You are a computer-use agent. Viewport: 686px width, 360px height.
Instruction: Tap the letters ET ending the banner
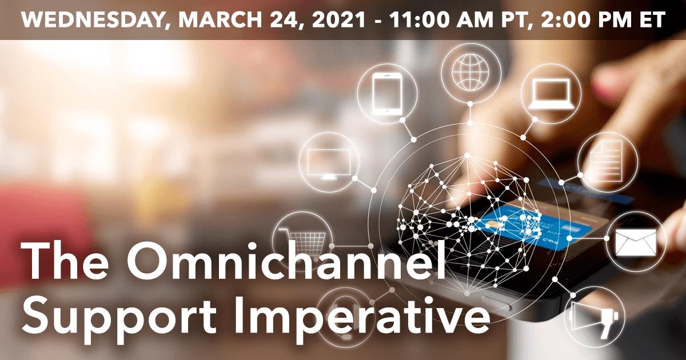(652, 20)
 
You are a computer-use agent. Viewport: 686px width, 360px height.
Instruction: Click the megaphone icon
(594, 317)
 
